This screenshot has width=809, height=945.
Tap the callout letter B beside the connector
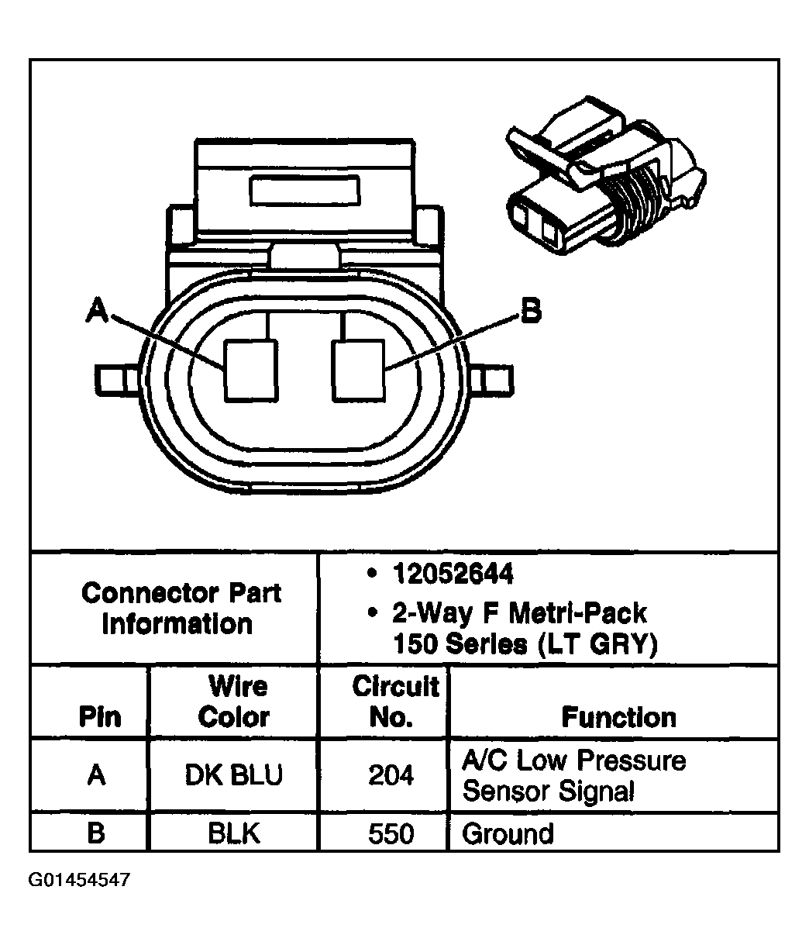[x=530, y=312]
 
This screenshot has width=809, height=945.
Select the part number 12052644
[x=453, y=574]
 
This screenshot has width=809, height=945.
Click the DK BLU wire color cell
[x=233, y=776]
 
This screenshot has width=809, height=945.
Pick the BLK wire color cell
[x=233, y=833]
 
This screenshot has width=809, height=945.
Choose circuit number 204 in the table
[x=391, y=776]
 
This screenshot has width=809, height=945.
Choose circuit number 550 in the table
[x=391, y=833]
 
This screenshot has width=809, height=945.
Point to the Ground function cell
[x=508, y=834]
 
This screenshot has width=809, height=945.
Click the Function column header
[x=618, y=716]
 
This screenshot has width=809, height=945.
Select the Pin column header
[x=99, y=716]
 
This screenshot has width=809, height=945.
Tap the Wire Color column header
[x=233, y=702]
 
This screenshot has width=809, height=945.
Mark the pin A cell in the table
[x=96, y=776]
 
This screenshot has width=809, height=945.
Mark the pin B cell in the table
[x=96, y=833]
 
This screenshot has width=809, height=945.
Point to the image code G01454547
[x=79, y=880]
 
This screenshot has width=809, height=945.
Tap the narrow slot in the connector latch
[x=304, y=190]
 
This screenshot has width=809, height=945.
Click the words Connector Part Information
[x=180, y=609]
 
